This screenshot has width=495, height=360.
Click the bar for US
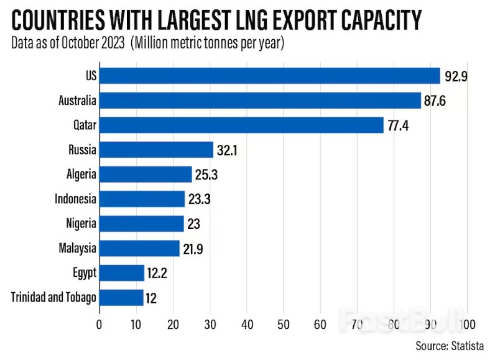click(269, 76)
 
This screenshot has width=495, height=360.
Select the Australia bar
click(260, 100)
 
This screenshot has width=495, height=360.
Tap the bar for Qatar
click(241, 125)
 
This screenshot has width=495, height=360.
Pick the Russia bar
click(156, 149)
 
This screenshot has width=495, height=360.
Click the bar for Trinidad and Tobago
click(121, 297)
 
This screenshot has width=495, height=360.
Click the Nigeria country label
click(81, 223)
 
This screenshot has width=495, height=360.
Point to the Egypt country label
click(84, 272)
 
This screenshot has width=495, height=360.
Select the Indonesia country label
click(75, 199)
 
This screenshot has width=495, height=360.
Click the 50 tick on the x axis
click(284, 324)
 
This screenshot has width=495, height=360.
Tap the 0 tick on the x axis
click(99, 324)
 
